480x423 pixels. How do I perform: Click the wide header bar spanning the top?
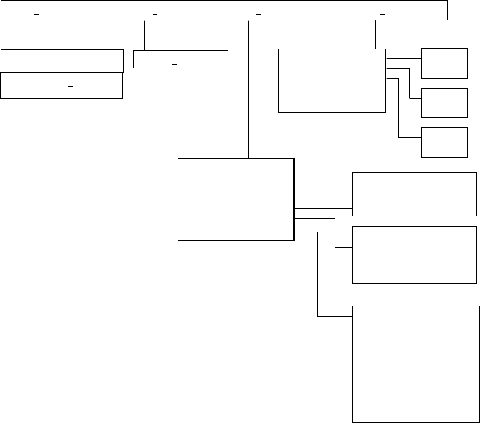coord(224,10)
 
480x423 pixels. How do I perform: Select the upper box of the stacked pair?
coord(61,61)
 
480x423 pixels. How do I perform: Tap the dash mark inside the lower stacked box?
coord(70,87)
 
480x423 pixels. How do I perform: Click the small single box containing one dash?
coord(180,59)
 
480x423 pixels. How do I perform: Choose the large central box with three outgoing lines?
coord(236,199)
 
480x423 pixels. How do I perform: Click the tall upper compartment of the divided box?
coord(331,71)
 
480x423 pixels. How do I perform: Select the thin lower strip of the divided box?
coord(331,103)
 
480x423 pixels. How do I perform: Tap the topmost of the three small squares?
coord(444,63)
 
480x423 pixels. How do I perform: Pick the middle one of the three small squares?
coord(444,102)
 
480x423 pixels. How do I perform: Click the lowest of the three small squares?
coord(444,142)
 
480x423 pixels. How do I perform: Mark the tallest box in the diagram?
coord(415,363)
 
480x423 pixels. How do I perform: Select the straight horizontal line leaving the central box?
coord(323,208)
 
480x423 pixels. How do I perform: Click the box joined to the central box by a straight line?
coord(414,194)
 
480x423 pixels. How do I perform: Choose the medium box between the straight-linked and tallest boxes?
coord(414,255)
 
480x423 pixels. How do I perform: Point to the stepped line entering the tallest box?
coord(318,274)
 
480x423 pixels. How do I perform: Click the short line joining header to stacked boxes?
coord(24,35)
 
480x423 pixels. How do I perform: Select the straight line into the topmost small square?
coord(403,58)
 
